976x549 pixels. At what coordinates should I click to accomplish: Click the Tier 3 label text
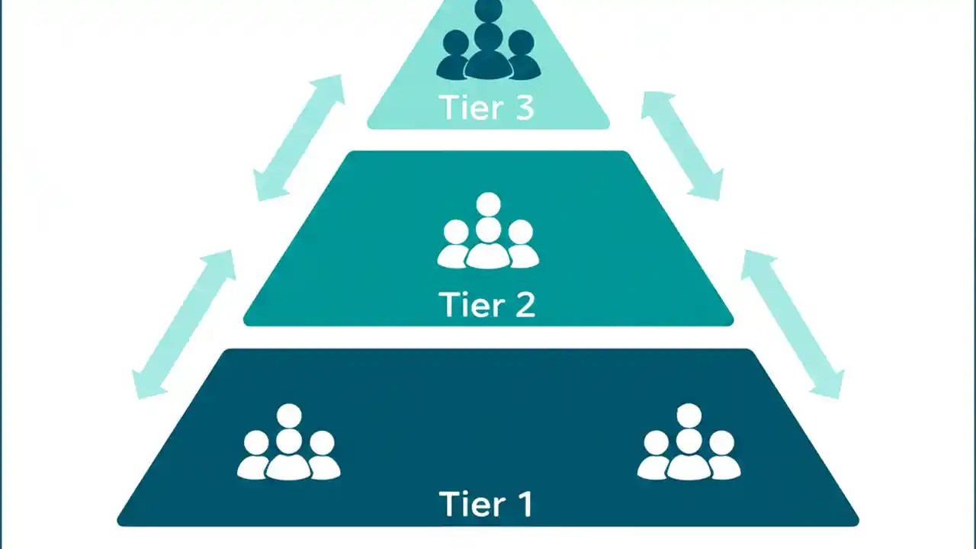(487, 108)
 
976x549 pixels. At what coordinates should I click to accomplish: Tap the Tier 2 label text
(487, 305)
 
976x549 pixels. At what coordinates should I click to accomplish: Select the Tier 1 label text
(487, 505)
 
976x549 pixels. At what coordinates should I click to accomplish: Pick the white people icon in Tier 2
(488, 233)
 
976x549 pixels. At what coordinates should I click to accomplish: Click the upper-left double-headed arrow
(299, 138)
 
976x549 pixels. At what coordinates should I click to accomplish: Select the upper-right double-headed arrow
(682, 145)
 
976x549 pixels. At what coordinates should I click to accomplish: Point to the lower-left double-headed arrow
(184, 324)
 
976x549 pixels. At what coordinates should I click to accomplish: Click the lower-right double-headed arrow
(793, 324)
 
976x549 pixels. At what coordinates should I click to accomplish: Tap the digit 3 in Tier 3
(524, 108)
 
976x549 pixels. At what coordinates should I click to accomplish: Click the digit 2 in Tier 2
(525, 305)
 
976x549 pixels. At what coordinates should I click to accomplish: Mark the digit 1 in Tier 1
(524, 505)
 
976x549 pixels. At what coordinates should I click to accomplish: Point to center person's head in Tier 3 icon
(488, 35)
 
